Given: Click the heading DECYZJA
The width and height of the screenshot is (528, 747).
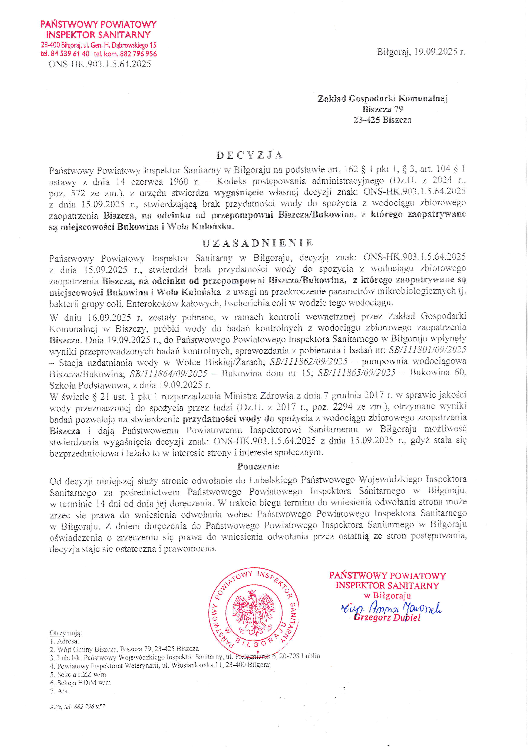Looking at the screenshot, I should click(x=249, y=155).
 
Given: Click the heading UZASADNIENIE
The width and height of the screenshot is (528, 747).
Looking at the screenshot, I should click(x=258, y=243).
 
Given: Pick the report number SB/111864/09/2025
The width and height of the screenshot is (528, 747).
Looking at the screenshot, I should click(x=168, y=374).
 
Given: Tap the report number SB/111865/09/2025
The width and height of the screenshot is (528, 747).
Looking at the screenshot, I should click(x=357, y=373).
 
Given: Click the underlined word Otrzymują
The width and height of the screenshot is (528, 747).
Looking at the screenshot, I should click(x=66, y=633).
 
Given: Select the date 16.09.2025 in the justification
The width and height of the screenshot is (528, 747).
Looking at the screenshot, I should click(x=109, y=317).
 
